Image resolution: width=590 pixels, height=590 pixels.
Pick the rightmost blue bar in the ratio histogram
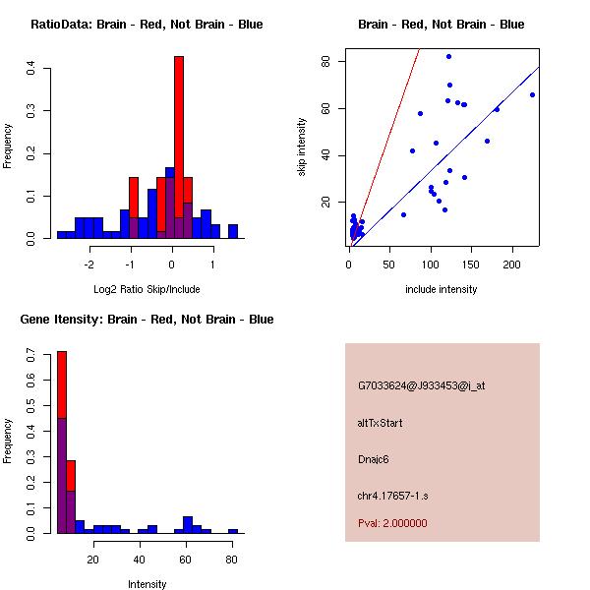(233, 232)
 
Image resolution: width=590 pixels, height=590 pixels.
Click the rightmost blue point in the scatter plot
(532, 95)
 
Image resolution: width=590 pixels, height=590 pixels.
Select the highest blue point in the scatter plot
(448, 57)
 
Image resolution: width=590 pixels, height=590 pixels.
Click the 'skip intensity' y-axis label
(302, 147)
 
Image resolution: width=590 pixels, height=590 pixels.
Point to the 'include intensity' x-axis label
(442, 290)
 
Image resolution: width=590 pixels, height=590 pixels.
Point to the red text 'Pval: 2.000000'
(392, 523)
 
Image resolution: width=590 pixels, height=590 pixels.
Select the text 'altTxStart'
(381, 423)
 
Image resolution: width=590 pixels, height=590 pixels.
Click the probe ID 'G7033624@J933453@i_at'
(422, 385)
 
